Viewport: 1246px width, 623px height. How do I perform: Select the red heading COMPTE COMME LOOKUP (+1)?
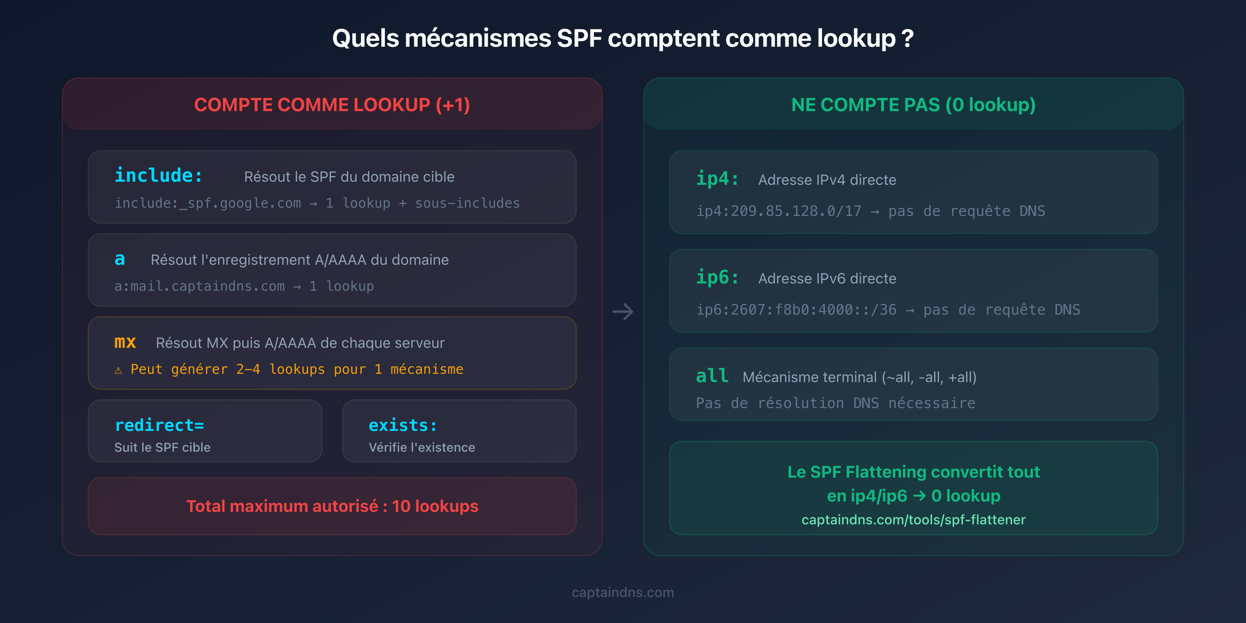tap(332, 105)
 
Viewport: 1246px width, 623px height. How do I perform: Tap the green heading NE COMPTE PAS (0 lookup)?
tap(913, 105)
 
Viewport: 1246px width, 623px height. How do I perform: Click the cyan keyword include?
tap(159, 175)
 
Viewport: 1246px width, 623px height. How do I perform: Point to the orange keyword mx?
tap(125, 342)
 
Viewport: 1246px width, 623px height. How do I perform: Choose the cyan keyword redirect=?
tap(159, 425)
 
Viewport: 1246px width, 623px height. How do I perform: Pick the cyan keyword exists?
tap(403, 425)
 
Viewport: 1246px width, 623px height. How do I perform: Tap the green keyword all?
tap(712, 376)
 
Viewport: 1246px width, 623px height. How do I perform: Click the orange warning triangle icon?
tap(118, 370)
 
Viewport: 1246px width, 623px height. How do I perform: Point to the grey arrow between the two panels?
tap(623, 311)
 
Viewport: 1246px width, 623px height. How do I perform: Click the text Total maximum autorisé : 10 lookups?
tap(332, 506)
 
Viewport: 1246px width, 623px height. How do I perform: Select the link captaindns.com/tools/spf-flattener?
tap(913, 520)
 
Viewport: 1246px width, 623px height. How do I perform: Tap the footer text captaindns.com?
tap(623, 592)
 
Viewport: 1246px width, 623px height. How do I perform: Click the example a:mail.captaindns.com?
tap(199, 286)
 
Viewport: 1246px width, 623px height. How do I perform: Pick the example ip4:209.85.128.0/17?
tap(778, 211)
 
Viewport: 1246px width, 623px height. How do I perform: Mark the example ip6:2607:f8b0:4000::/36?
tap(796, 309)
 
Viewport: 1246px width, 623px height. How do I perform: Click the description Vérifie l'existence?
tap(422, 448)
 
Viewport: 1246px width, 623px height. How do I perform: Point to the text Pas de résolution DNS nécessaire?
tap(836, 403)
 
